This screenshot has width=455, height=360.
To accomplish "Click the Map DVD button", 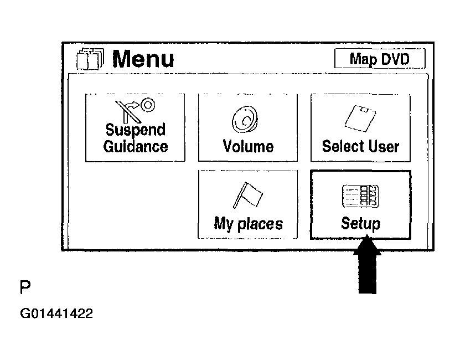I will [x=380, y=58].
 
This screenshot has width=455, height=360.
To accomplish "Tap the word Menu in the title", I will [x=143, y=59].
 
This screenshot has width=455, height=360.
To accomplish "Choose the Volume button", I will [x=248, y=127].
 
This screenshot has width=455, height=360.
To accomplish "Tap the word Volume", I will [x=248, y=147].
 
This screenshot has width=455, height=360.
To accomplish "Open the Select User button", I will [x=360, y=127].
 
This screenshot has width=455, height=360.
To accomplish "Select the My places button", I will [x=248, y=204].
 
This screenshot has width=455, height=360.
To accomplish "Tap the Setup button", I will [x=360, y=204].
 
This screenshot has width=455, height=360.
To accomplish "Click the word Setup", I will [x=361, y=224].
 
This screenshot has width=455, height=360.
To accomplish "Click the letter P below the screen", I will [x=25, y=287].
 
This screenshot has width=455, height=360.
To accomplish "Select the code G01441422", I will [x=56, y=314].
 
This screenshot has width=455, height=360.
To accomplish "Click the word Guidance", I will [x=136, y=147].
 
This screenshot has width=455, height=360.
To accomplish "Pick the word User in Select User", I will [x=381, y=147].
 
